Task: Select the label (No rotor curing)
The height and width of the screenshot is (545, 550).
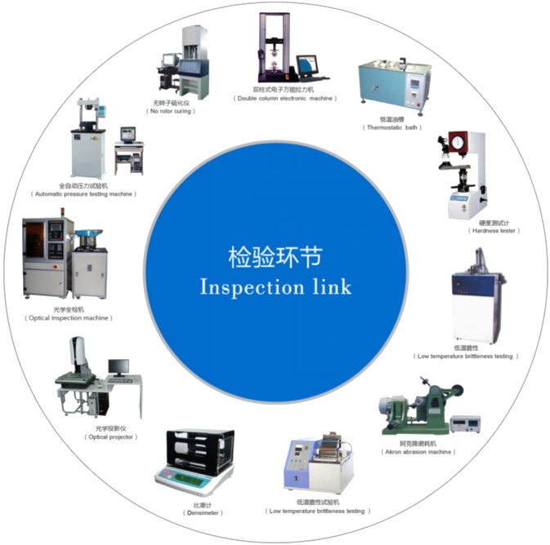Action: [171, 111]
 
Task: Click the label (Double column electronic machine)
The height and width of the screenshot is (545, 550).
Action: [284, 98]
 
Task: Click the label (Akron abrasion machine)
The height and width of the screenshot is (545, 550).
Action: [417, 451]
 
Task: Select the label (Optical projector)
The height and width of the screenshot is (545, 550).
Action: [111, 437]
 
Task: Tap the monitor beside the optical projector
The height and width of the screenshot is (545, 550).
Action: [118, 368]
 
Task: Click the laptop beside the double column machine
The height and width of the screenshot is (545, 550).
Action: [306, 66]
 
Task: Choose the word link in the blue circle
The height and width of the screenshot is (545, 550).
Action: [327, 287]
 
